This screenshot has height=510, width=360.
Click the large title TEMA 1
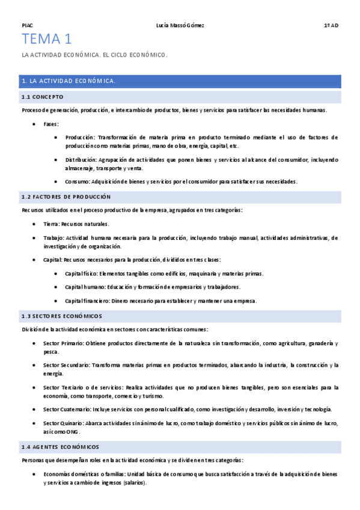coord(46,40)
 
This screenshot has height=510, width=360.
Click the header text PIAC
coord(26,25)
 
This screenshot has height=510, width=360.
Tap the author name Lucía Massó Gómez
coord(180,25)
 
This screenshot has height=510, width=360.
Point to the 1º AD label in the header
coord(331,25)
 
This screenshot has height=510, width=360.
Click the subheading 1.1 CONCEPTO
coord(42,97)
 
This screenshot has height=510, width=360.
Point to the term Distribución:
coord(81,160)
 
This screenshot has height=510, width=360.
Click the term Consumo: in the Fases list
coord(78,182)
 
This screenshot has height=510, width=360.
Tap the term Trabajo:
coord(53,238)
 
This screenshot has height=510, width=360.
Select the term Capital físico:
coord(83,274)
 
